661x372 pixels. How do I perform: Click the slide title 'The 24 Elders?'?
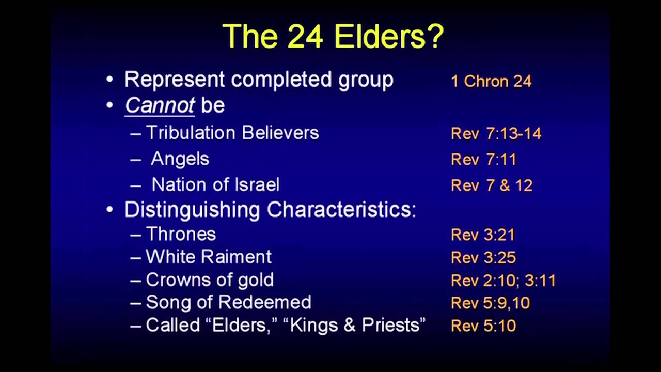(x=333, y=36)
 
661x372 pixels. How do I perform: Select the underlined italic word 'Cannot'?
(x=160, y=105)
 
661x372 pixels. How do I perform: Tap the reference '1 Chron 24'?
(x=491, y=82)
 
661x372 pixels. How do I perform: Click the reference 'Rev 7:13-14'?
(x=496, y=134)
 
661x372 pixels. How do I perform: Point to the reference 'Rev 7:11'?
(x=483, y=160)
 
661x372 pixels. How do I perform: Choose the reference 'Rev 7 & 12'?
(x=491, y=185)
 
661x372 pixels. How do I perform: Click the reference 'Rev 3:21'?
(x=483, y=235)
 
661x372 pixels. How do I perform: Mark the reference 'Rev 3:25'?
(x=483, y=258)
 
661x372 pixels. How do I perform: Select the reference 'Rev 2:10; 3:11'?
(x=503, y=281)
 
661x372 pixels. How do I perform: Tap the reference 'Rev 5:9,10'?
(x=490, y=303)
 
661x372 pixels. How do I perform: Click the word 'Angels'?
(x=180, y=159)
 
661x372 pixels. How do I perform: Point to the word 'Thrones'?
(x=181, y=234)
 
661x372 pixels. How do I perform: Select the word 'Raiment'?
(x=242, y=257)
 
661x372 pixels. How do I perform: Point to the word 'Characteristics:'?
(x=341, y=210)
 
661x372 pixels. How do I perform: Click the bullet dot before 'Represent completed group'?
(x=109, y=80)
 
